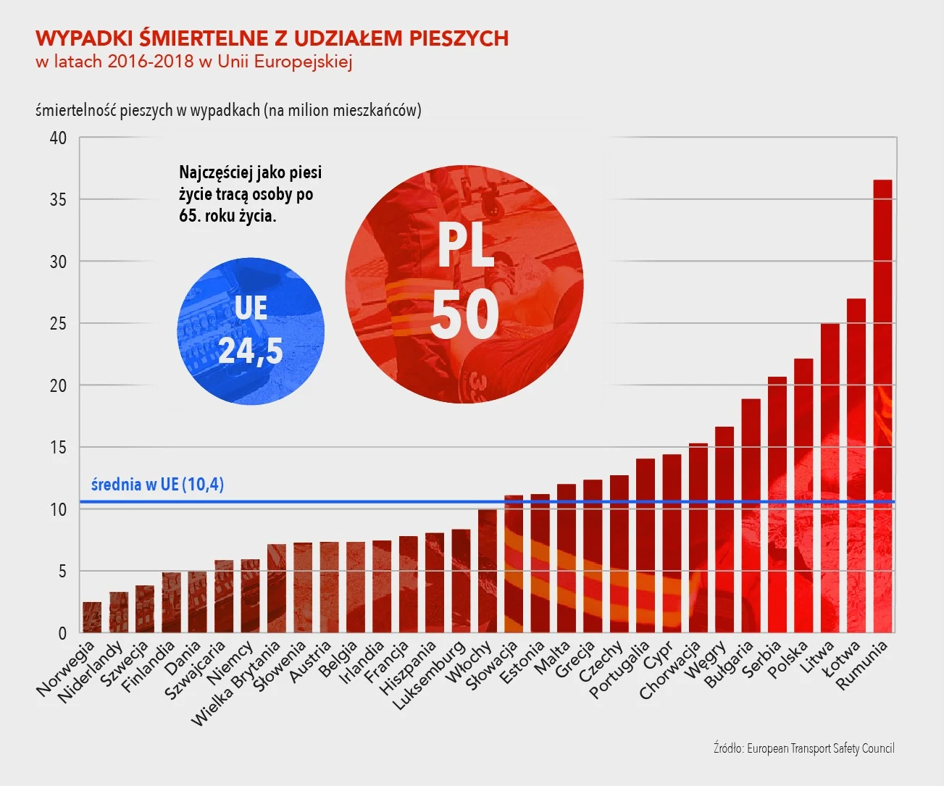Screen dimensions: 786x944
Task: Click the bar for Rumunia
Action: click(882, 406)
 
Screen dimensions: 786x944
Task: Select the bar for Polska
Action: click(803, 496)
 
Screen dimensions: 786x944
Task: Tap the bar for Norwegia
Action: click(92, 617)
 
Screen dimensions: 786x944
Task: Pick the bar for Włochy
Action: click(488, 571)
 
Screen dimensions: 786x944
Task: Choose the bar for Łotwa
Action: click(856, 465)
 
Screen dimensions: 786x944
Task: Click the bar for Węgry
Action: click(724, 530)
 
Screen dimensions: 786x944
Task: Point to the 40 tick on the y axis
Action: click(58, 138)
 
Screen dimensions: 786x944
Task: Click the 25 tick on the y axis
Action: click(58, 323)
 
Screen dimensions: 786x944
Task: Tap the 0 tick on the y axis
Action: click(62, 633)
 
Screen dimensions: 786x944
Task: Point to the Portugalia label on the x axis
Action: click(619, 670)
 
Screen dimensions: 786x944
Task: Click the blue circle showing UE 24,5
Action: click(251, 330)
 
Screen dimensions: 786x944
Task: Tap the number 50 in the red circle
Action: click(464, 314)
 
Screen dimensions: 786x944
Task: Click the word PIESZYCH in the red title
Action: click(459, 38)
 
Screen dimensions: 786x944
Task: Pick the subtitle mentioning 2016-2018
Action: click(194, 61)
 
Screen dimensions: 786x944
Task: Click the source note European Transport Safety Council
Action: click(803, 748)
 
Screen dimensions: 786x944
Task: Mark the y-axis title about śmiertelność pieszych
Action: click(228, 110)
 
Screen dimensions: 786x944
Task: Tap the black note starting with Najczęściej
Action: click(250, 194)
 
